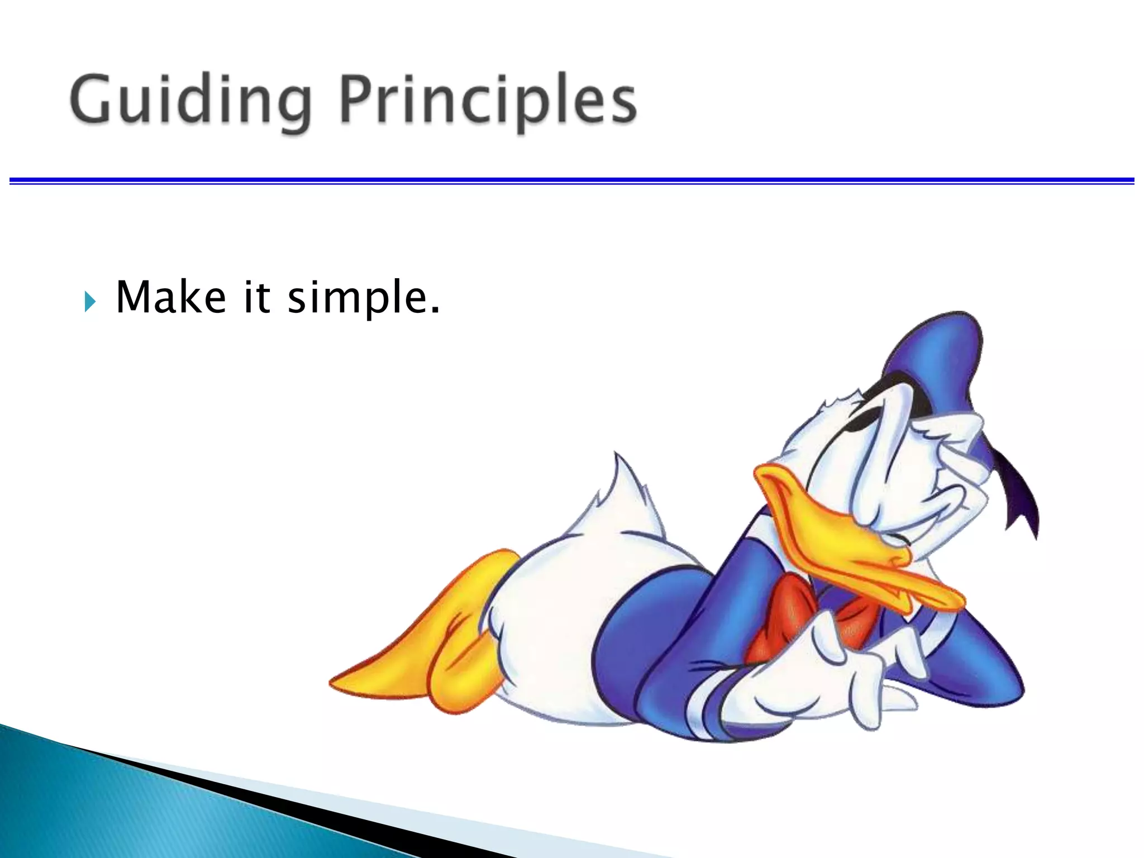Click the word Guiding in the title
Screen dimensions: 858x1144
click(x=190, y=101)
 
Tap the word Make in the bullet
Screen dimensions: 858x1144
click(x=171, y=297)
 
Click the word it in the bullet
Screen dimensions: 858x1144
click(x=257, y=297)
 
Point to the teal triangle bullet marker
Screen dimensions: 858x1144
click(x=90, y=302)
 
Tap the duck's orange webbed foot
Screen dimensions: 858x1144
click(x=425, y=654)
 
